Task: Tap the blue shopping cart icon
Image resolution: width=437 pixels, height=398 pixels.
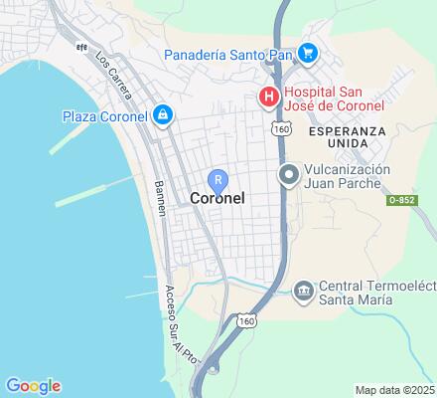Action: click(x=307, y=53)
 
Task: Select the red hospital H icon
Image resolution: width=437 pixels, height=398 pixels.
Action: click(x=267, y=97)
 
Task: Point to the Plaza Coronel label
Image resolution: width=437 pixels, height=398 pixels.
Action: click(x=104, y=116)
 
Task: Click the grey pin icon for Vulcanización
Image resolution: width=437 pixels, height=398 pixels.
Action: click(x=289, y=176)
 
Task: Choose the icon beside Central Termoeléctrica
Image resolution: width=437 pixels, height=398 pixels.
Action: click(x=303, y=291)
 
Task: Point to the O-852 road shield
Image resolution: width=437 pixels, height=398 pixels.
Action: click(x=400, y=200)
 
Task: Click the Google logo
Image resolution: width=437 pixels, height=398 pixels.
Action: click(x=33, y=386)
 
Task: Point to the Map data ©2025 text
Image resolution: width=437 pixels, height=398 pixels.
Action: click(x=395, y=389)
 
